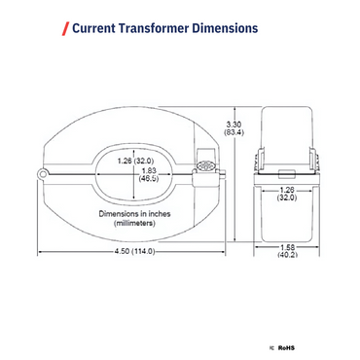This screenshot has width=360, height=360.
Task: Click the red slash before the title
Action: tap(65, 28)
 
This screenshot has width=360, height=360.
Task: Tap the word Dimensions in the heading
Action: tap(226, 28)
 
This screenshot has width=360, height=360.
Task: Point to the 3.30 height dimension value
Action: tap(234, 124)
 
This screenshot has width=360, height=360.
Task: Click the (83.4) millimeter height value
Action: tap(234, 133)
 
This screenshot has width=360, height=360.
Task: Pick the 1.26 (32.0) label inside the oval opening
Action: tap(136, 160)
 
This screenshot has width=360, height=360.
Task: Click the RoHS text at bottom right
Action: tap(286, 345)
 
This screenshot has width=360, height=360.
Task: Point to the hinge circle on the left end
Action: tap(44, 173)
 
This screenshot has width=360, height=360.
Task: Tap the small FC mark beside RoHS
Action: tap(270, 345)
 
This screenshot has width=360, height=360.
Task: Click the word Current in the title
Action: tap(95, 28)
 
